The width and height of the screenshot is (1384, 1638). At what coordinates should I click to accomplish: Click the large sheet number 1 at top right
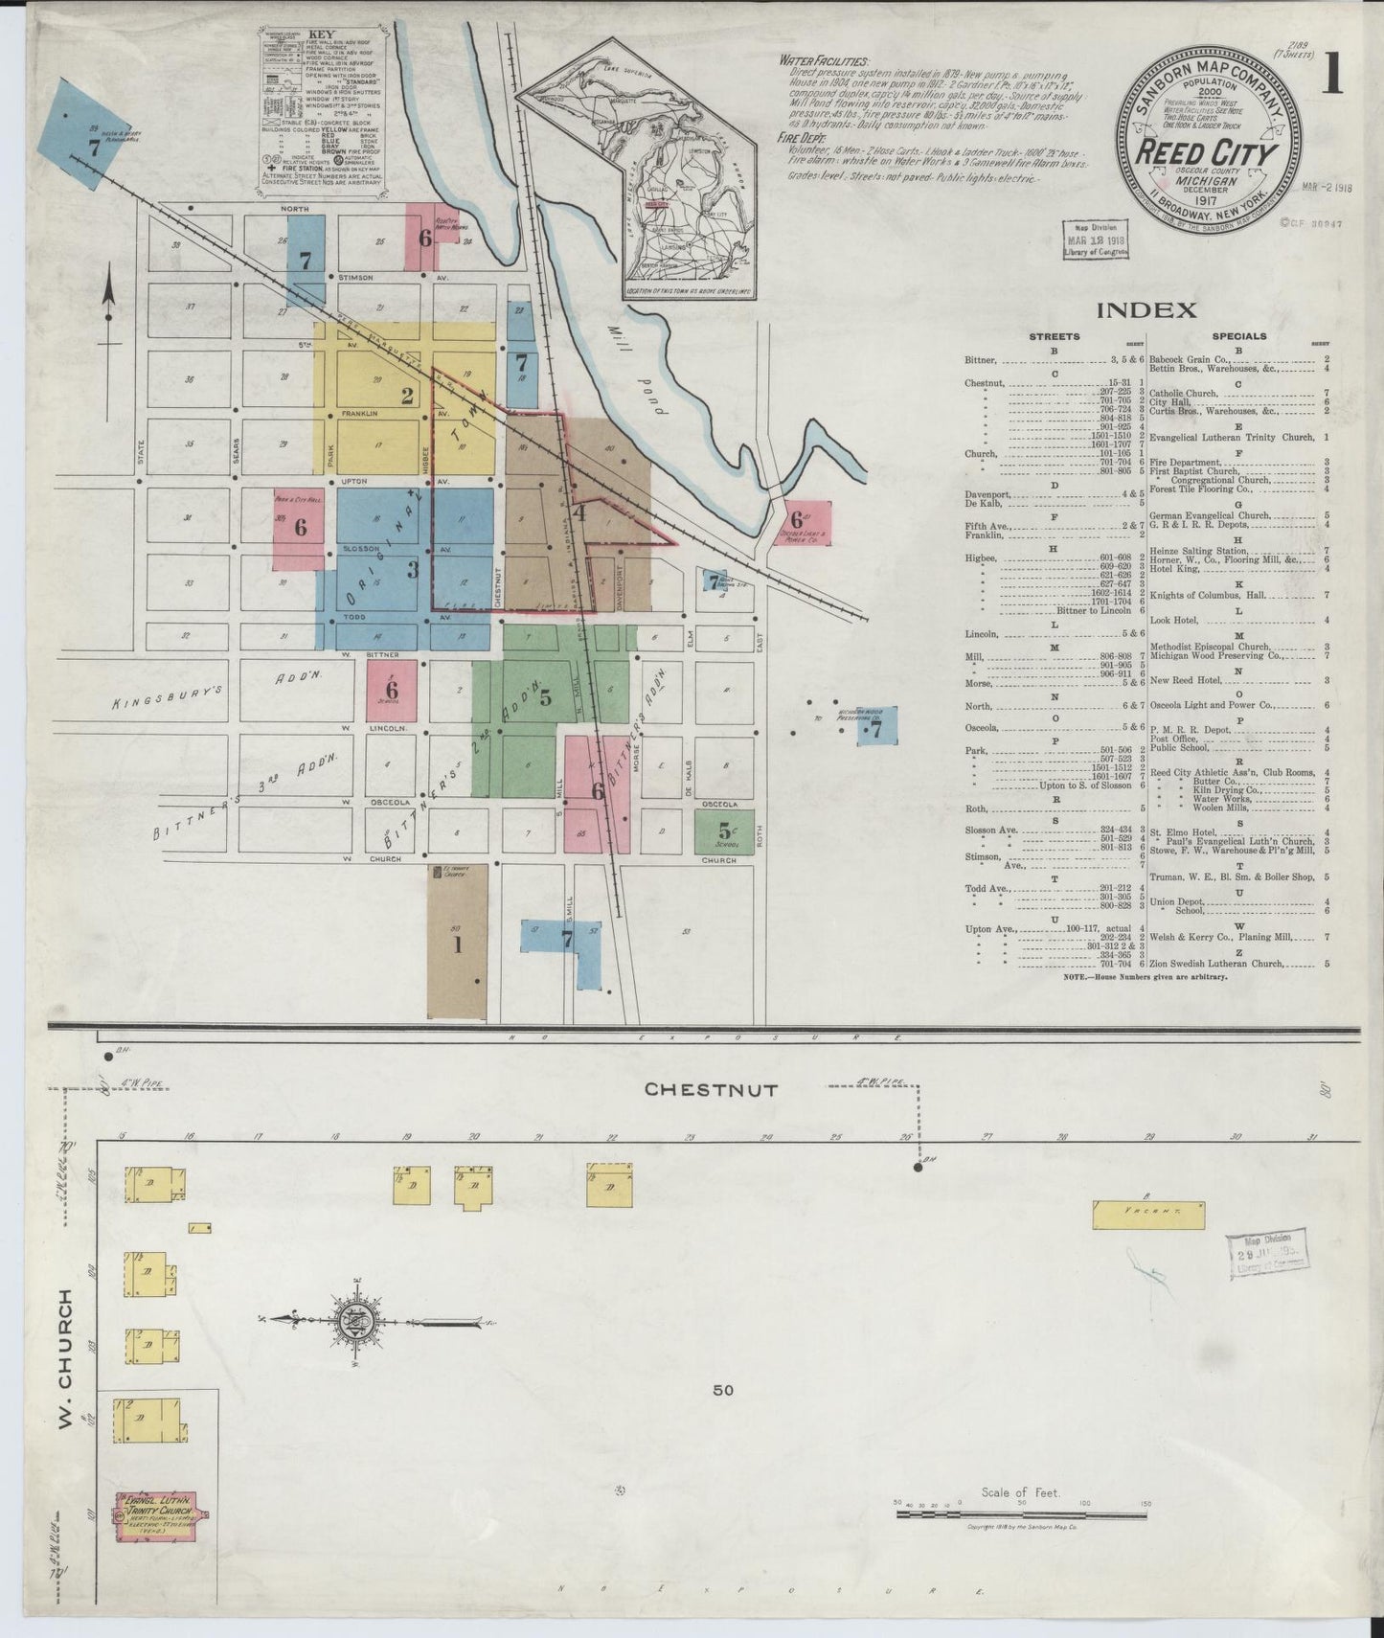pos(1330,74)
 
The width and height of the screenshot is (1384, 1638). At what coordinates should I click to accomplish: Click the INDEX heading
pos(1146,309)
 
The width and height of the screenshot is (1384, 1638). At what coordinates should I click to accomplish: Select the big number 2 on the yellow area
pos(407,396)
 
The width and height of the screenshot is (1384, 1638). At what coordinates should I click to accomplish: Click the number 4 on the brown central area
pos(579,512)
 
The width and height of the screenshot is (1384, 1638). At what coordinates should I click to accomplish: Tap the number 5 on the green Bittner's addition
pos(545,698)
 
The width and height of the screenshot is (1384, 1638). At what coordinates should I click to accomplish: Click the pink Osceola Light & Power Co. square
pos(806,523)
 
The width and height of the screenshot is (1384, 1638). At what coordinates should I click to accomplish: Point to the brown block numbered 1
pos(457,944)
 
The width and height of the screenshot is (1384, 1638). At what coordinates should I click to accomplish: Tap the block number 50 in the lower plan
pos(722,1390)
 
